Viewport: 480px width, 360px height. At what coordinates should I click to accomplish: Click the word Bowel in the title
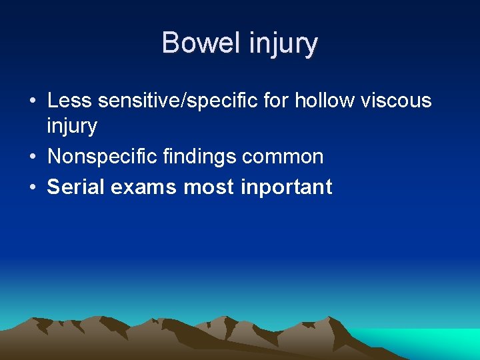coord(201,43)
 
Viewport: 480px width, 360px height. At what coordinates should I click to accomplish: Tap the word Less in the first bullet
coord(69,101)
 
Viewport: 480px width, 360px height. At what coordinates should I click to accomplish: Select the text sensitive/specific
coord(177,102)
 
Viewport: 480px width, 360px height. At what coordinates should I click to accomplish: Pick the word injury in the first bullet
coord(72,126)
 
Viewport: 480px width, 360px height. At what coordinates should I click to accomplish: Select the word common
coord(283,157)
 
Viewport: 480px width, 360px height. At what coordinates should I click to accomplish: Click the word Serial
coord(75,187)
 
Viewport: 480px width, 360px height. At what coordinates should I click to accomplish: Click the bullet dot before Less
coord(32,102)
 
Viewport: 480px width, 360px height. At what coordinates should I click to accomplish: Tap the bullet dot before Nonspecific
coord(32,158)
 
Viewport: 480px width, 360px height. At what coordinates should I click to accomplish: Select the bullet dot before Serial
coord(32,187)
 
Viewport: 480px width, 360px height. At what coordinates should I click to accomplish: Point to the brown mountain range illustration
coord(200,337)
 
